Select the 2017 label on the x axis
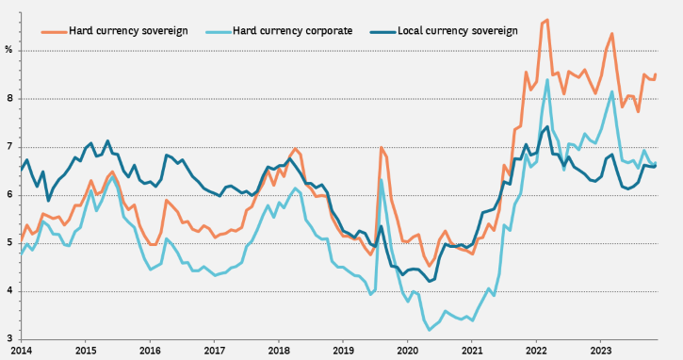(x=214, y=351)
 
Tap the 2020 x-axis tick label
(x=407, y=351)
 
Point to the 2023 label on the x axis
(x=600, y=351)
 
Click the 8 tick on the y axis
(x=9, y=99)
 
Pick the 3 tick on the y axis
(x=9, y=339)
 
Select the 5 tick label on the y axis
(x=9, y=243)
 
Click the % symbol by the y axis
(x=8, y=50)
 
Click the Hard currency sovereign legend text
(x=128, y=31)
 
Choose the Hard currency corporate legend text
(x=292, y=31)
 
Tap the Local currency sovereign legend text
(x=458, y=31)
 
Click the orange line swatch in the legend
(x=55, y=32)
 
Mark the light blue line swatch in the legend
(x=219, y=32)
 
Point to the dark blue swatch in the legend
(x=383, y=32)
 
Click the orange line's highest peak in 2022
(x=547, y=20)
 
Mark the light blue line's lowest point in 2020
(x=430, y=330)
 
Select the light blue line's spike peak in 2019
(x=382, y=180)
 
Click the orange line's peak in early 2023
(x=611, y=34)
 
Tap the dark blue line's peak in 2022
(x=547, y=127)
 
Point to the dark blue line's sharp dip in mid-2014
(x=48, y=201)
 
